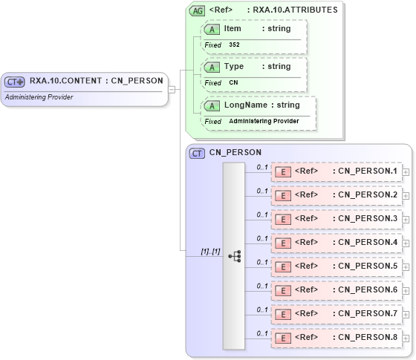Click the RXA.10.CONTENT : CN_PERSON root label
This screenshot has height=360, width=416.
96,81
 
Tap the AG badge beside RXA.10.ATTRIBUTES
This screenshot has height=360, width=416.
198,10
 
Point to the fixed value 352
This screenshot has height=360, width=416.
234,45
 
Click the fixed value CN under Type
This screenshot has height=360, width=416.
233,82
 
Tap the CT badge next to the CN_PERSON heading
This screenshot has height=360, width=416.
198,153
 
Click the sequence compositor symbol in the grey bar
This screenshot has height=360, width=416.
234,256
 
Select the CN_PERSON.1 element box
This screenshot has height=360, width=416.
337,171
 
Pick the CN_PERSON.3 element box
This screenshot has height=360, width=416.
337,219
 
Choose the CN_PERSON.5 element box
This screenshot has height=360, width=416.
337,266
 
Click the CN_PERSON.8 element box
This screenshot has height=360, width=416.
337,337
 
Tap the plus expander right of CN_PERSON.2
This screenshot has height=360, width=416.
406,195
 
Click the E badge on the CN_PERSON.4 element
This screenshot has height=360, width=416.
283,243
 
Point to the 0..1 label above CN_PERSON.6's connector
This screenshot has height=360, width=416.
262,285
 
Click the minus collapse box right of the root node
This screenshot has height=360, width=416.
172,90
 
